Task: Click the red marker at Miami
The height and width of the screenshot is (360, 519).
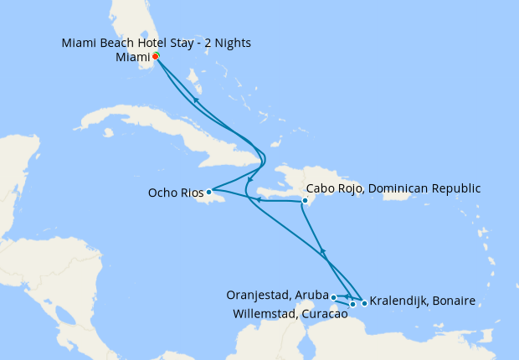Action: point(156,57)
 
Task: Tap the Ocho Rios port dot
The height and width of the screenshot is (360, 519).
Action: point(209,193)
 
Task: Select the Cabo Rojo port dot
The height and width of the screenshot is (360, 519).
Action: point(306,200)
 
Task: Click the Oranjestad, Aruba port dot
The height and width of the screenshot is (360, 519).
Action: point(333,297)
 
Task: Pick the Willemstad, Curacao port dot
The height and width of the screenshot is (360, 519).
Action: point(353,304)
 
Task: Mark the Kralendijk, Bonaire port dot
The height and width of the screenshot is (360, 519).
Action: point(364,302)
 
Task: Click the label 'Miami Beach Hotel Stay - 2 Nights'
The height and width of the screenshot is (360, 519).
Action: point(157,43)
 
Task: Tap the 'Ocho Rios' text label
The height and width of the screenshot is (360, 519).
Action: point(176,193)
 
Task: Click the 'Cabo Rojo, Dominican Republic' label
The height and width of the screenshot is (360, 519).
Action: point(394,188)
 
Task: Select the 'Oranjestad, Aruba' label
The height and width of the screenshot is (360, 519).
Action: point(277,295)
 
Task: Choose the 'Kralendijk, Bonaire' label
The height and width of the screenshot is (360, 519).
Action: point(423,301)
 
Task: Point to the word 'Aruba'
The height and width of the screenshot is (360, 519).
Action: point(309,295)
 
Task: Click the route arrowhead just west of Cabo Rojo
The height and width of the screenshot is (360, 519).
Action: point(259,200)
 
